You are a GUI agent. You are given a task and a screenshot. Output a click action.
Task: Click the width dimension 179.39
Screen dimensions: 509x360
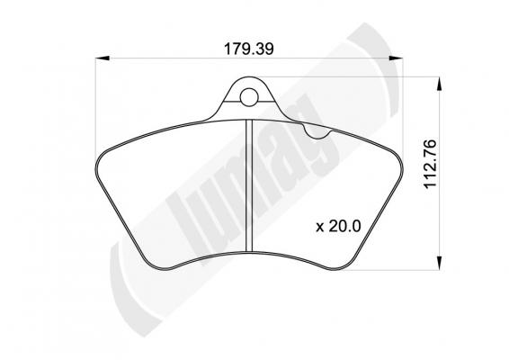(x=249, y=49)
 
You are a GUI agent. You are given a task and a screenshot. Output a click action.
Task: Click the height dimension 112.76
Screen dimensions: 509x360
(x=431, y=164)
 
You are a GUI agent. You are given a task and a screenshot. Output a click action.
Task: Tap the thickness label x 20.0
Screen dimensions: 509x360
(x=338, y=226)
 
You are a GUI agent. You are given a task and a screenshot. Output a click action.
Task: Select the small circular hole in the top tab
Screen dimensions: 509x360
(x=249, y=97)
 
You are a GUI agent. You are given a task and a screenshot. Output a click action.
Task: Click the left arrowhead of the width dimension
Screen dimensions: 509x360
(x=102, y=58)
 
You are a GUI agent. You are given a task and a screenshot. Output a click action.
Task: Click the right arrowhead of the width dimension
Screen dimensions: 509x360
(x=396, y=58)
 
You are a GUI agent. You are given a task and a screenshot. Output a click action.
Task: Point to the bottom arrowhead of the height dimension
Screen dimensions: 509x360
(x=439, y=263)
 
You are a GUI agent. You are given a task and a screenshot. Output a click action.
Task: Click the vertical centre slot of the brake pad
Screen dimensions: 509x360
(x=249, y=185)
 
